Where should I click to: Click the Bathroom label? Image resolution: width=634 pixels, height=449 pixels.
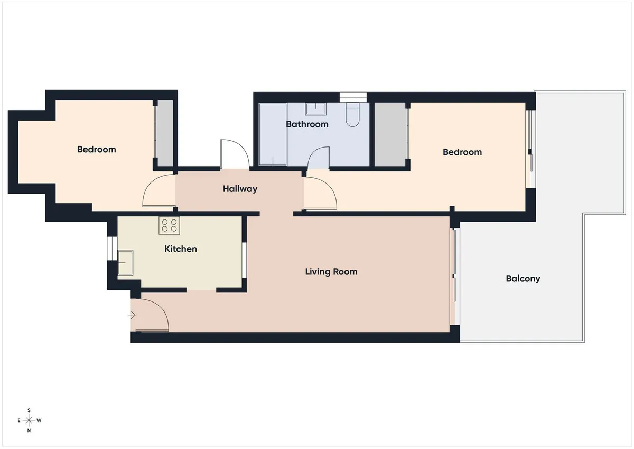coord(307,124)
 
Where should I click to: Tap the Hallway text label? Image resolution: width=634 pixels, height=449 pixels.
coord(240,189)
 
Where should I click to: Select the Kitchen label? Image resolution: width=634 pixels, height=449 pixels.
coord(181,249)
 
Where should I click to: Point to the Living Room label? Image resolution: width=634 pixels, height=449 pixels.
coord(331,272)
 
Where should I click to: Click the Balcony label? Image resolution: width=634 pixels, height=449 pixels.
coord(523,279)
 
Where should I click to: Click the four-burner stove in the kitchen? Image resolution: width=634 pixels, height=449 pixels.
coord(169,225)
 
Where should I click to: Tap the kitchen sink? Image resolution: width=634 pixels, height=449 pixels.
coord(125,263)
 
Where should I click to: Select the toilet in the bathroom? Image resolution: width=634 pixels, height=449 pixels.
coord(352,114)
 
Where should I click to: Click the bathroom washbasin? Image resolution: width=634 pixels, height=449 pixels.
coord(315,109)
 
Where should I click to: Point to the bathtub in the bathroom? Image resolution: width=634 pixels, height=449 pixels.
coord(273,134)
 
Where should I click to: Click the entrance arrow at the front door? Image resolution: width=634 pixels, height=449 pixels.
coord(132,315)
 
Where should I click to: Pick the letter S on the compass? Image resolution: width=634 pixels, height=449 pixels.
coord(29,410)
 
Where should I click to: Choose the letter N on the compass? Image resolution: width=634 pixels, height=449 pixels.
coord(29,430)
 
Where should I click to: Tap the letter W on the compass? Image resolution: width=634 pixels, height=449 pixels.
coord(39,420)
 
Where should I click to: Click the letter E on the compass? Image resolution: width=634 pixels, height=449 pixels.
coord(19,420)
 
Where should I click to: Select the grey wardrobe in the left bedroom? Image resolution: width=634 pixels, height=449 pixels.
coord(165,133)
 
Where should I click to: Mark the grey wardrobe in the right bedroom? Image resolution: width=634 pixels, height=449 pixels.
coord(390,134)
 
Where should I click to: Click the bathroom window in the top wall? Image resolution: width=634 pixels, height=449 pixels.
coord(353,97)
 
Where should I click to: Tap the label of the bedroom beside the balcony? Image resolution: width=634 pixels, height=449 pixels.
coord(462,152)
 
